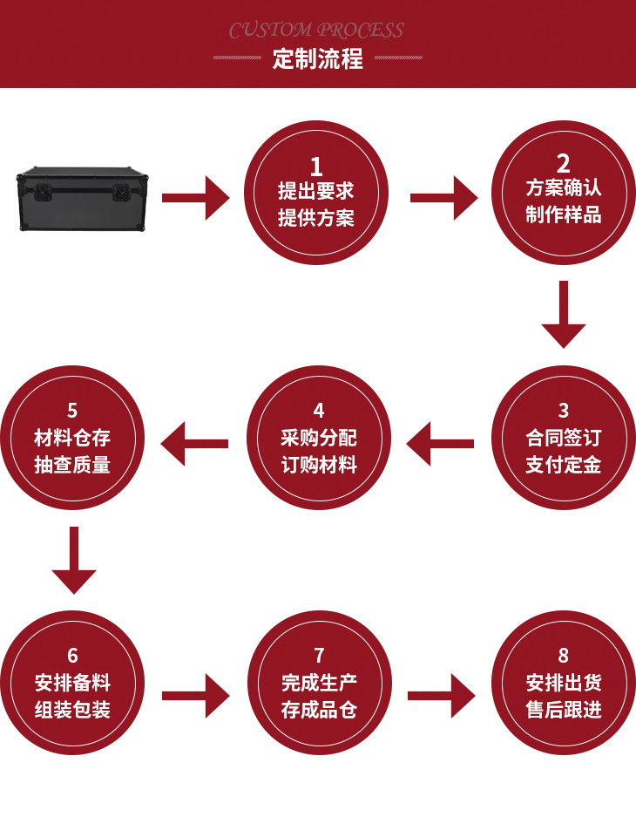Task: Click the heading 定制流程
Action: coord(317,60)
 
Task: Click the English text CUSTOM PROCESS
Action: coord(316,31)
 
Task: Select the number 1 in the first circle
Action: coord(316,166)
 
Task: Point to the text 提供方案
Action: coord(316,218)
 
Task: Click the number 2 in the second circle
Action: coord(564,163)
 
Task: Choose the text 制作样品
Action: coord(564,215)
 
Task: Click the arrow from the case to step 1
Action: coord(196,198)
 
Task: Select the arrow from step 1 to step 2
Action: coord(443,198)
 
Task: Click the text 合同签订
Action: coord(564,438)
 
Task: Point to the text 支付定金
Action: coord(564,465)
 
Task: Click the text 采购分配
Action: coord(318,438)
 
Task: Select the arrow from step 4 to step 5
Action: coord(194,444)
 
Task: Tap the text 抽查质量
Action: coord(72,465)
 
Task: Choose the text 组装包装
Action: coord(72,710)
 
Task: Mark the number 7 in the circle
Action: coord(319,656)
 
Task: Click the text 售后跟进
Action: coord(564,710)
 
